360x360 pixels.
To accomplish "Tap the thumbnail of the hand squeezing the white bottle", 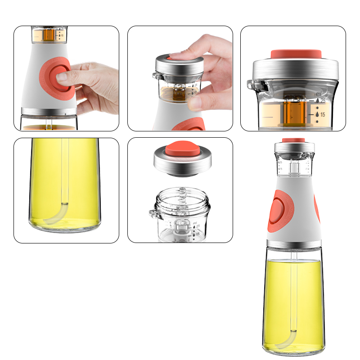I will (x=66, y=78).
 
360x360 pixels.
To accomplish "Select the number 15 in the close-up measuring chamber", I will (x=322, y=115).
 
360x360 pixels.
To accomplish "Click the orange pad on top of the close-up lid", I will (x=296, y=53).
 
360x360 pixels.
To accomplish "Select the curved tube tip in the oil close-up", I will (x=56, y=216).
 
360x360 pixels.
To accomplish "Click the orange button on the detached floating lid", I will (x=180, y=149).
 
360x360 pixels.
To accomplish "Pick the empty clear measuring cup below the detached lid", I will (x=180, y=216).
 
